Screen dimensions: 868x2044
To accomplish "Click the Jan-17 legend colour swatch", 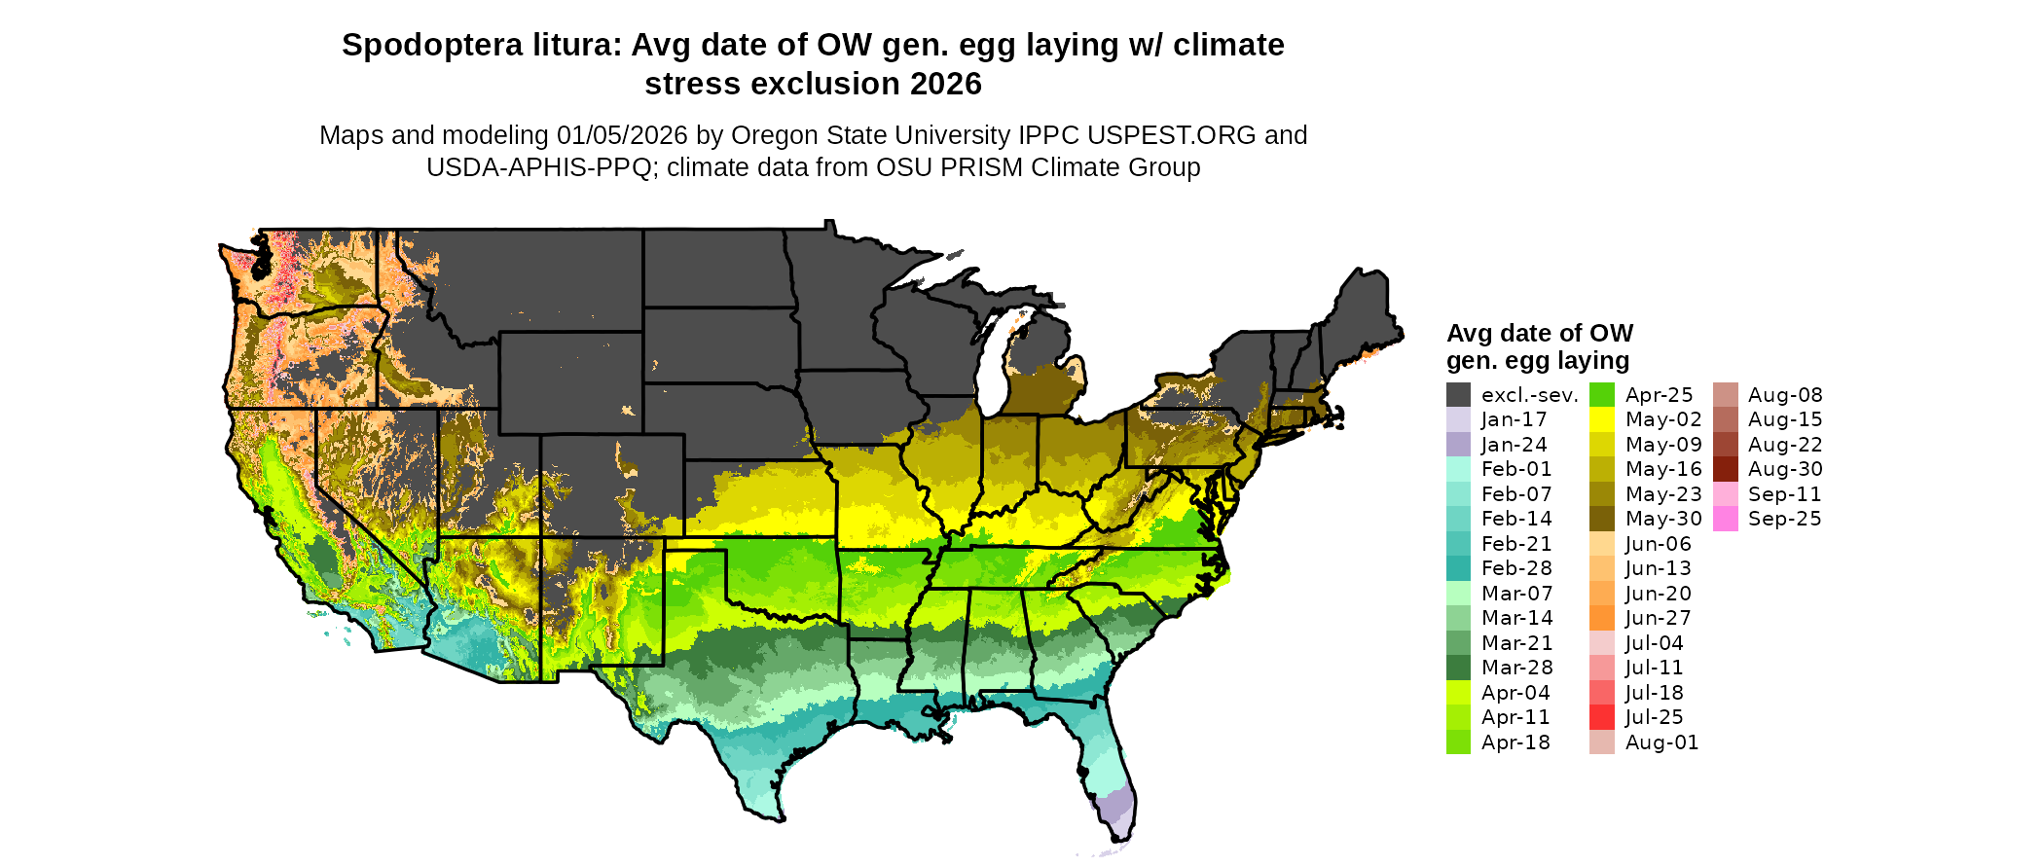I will pyautogui.click(x=1458, y=419).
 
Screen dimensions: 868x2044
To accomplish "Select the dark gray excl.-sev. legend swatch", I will pyautogui.click(x=1458, y=395).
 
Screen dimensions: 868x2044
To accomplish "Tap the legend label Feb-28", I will pyautogui.click(x=1516, y=568).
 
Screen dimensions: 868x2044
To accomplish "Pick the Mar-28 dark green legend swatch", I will pyautogui.click(x=1458, y=668).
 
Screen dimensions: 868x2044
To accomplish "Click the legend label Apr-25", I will pyautogui.click(x=1660, y=395).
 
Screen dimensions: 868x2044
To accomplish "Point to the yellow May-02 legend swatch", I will pyautogui.click(x=1602, y=419).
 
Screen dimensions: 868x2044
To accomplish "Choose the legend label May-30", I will pyautogui.click(x=1663, y=519).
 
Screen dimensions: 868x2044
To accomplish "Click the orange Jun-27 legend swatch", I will pyautogui.click(x=1602, y=618).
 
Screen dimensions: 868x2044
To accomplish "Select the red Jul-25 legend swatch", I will pyautogui.click(x=1602, y=717).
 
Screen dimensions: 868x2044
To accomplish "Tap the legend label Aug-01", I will pyautogui.click(x=1661, y=742).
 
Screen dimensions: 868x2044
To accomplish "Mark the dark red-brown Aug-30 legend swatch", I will pyautogui.click(x=1726, y=469).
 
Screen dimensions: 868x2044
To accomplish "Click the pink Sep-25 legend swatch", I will pyautogui.click(x=1726, y=519).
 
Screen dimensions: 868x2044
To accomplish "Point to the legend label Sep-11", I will pyautogui.click(x=1784, y=494).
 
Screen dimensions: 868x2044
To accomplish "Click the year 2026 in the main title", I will pyautogui.click(x=946, y=85).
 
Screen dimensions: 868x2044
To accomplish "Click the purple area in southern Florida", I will pyautogui.click(x=1116, y=808).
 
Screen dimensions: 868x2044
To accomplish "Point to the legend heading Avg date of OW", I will pyautogui.click(x=1540, y=334).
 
